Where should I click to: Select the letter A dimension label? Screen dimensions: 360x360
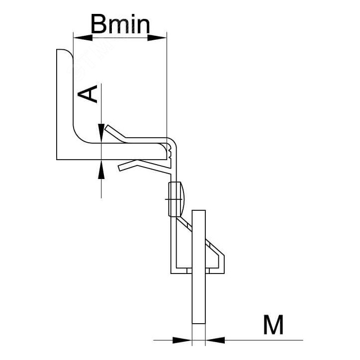pos(90,93)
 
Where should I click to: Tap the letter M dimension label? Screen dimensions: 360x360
pos(273,325)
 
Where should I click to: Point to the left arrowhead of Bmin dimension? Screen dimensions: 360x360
pos(80,37)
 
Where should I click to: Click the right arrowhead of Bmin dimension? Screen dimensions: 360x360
pos(160,37)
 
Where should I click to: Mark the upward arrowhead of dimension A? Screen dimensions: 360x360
pos(101,170)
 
